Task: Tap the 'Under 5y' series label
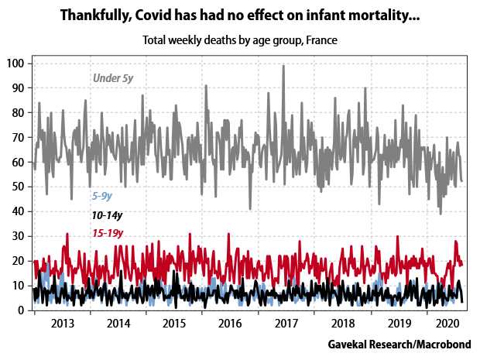tap(113, 77)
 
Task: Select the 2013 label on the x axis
tap(62, 324)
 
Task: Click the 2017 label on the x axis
tap(287, 324)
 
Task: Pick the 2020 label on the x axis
tap(447, 324)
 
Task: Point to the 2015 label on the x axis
tap(174, 324)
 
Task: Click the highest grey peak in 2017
tap(283, 66)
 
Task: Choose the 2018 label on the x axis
tap(343, 324)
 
